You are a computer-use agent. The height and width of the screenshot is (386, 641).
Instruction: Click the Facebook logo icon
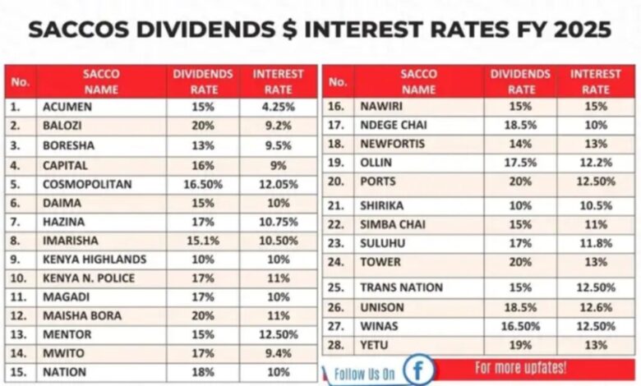[x=417, y=369]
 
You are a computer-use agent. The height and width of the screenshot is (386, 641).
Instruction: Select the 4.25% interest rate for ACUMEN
[x=278, y=107]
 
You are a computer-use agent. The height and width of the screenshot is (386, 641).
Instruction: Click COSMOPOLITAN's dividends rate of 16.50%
[x=202, y=184]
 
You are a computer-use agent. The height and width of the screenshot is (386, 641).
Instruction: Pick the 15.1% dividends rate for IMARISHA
[x=202, y=241]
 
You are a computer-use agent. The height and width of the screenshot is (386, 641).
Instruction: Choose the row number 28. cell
[x=337, y=345]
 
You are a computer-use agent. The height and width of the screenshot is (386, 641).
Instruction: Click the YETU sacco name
[x=375, y=345]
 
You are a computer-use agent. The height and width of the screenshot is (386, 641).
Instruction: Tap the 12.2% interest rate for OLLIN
[x=596, y=163]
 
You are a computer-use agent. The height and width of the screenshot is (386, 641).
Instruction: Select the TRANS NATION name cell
[x=401, y=287]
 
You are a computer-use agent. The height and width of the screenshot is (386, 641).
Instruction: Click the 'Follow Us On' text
[x=365, y=373]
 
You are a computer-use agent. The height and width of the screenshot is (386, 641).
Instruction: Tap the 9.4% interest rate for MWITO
[x=278, y=354]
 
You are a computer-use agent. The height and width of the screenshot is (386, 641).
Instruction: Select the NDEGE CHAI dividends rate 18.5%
[x=520, y=125]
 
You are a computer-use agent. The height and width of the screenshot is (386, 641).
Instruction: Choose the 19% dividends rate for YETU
[x=520, y=345]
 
